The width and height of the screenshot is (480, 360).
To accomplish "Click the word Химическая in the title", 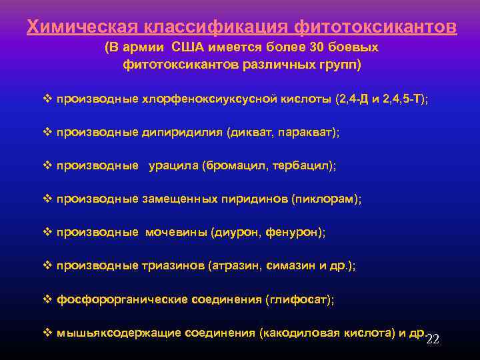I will [x=79, y=27].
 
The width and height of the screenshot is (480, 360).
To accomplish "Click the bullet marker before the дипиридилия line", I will [x=47, y=132].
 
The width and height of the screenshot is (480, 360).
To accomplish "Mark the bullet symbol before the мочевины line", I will [x=47, y=232].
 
